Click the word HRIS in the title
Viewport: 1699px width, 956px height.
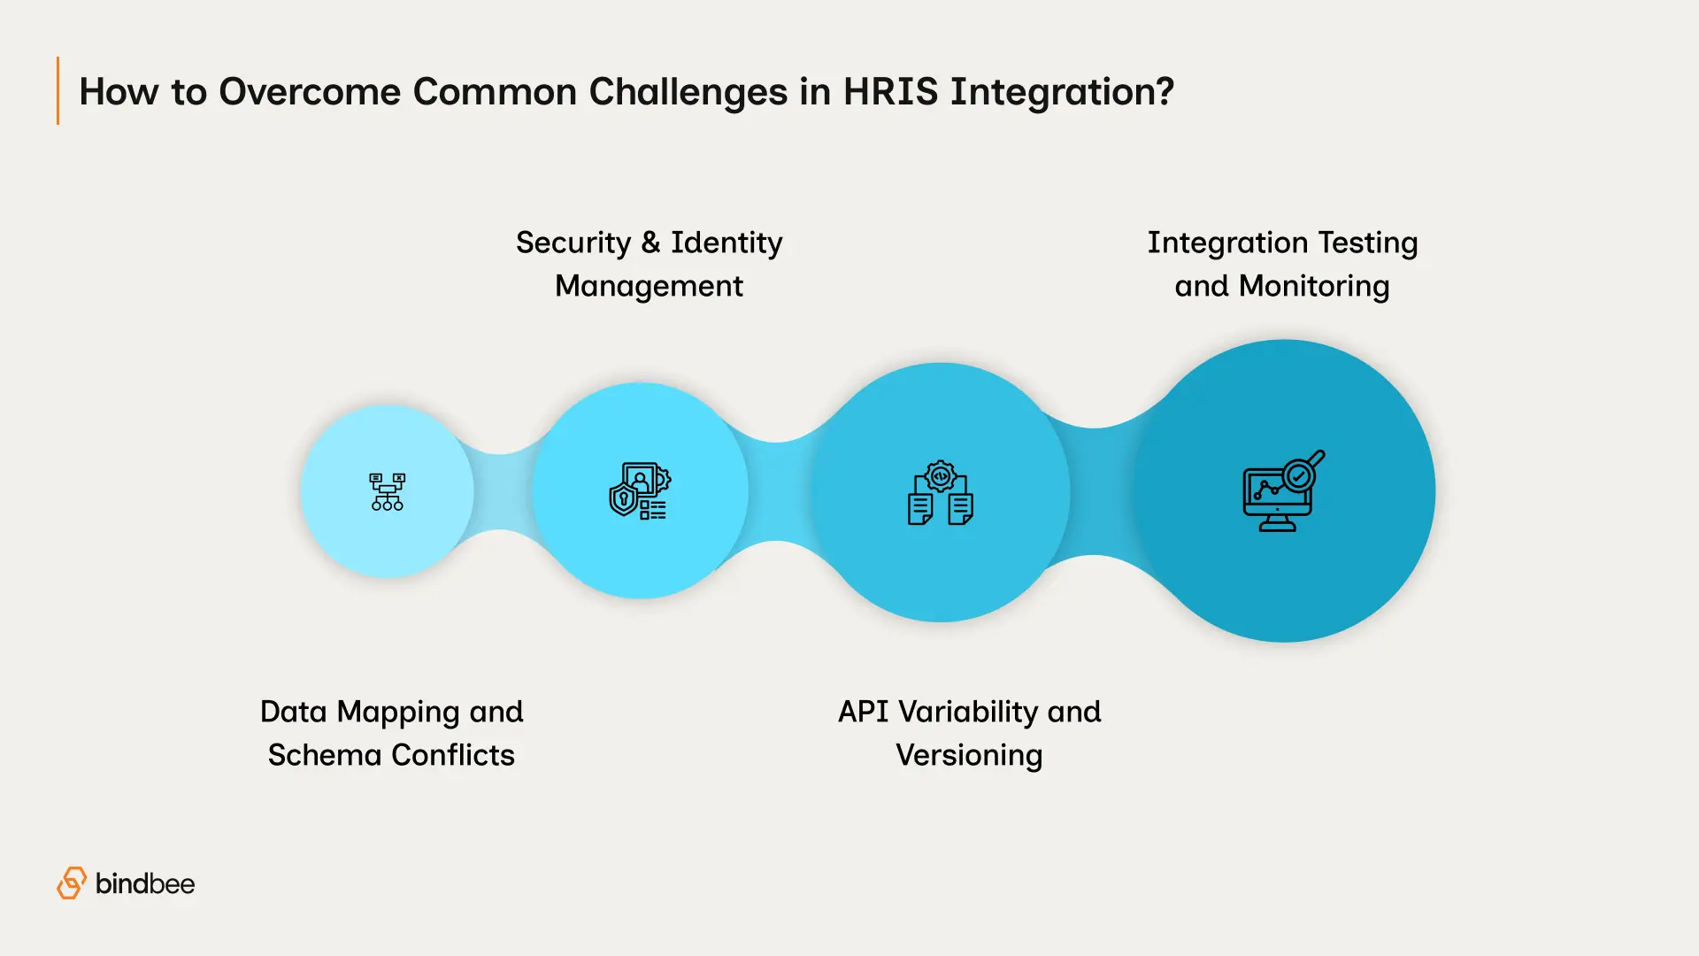[x=890, y=92]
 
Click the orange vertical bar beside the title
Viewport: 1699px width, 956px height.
[x=58, y=91]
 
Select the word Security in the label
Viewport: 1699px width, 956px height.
[x=573, y=243]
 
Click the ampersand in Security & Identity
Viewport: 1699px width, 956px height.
[x=650, y=243]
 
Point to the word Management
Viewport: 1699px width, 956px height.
[x=649, y=286]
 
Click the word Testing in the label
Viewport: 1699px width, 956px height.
[x=1368, y=243]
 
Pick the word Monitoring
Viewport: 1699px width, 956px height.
[x=1314, y=286]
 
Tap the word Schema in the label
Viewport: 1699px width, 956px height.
[x=324, y=755]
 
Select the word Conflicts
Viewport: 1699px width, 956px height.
[x=453, y=755]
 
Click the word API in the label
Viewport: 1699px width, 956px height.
[x=863, y=712]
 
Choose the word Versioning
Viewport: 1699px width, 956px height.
[x=969, y=755]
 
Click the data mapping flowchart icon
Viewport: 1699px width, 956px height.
[x=387, y=491]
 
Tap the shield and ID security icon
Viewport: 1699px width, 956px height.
[x=640, y=490]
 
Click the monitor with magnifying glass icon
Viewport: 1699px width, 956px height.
[x=1283, y=491]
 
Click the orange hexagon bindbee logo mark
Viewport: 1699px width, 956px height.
[x=72, y=883]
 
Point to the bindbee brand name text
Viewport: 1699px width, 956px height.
[x=145, y=883]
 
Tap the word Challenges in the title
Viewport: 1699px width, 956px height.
[x=688, y=92]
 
